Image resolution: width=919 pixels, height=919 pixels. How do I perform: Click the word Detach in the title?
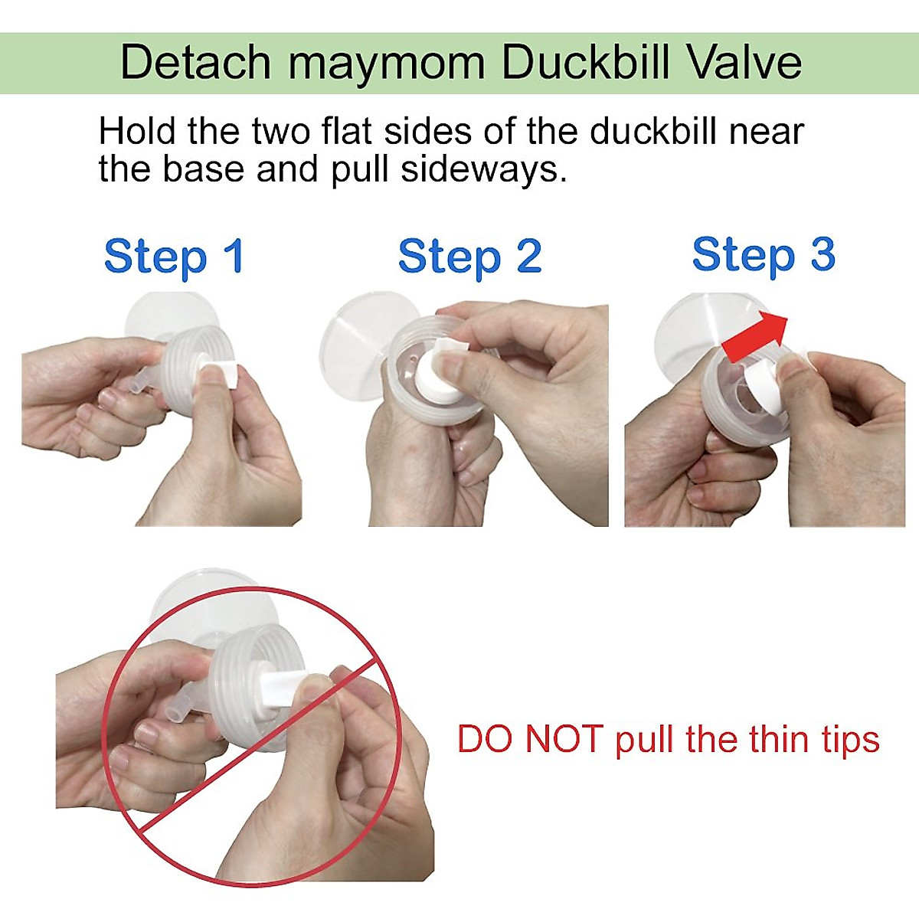pyautogui.click(x=196, y=63)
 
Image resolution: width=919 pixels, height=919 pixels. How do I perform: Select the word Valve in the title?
pyautogui.click(x=744, y=63)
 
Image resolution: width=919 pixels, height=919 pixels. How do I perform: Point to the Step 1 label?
pyautogui.click(x=174, y=257)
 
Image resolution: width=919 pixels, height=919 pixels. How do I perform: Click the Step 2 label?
pyautogui.click(x=469, y=257)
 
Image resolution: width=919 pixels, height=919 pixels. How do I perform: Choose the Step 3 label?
pyautogui.click(x=763, y=255)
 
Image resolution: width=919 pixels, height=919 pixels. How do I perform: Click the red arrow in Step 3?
pyautogui.click(x=755, y=337)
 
